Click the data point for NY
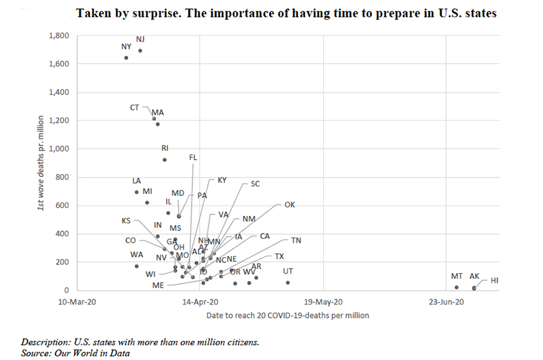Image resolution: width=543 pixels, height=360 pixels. (x=126, y=57)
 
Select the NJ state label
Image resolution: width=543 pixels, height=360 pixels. (x=141, y=40)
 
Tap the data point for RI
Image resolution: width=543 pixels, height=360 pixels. (x=164, y=160)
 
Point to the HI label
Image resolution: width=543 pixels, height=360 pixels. (x=494, y=280)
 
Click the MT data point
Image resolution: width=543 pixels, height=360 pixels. (x=456, y=287)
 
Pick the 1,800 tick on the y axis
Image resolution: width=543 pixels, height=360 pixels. (x=59, y=36)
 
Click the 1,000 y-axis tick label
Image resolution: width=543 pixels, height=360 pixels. (x=59, y=149)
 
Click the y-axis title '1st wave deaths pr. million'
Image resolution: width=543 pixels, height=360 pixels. (x=40, y=163)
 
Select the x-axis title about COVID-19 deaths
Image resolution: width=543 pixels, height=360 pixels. (x=287, y=315)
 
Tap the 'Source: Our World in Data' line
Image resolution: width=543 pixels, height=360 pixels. (x=75, y=352)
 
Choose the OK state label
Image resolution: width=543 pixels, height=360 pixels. (x=289, y=205)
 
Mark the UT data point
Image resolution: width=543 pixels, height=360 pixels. (x=287, y=282)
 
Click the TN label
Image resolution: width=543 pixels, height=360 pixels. (x=296, y=241)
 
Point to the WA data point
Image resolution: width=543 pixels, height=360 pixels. (x=136, y=266)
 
